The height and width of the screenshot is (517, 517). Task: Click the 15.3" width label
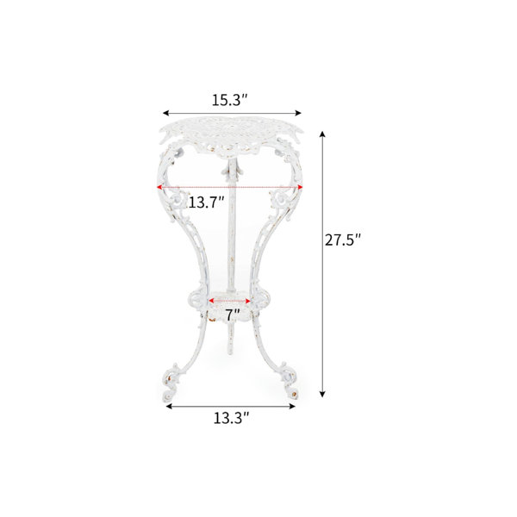229,100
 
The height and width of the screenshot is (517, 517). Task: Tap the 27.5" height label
343,240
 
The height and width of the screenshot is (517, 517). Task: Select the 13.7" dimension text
206,202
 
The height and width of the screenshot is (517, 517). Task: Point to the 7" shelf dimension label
233,315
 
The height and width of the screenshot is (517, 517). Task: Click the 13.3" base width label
231,418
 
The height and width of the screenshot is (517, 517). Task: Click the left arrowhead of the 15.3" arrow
165,113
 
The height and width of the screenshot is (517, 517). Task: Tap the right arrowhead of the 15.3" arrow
298,113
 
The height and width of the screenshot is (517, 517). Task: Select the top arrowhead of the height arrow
323,134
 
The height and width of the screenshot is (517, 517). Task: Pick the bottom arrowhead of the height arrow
323,394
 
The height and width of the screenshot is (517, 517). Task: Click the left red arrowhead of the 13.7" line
159,187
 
